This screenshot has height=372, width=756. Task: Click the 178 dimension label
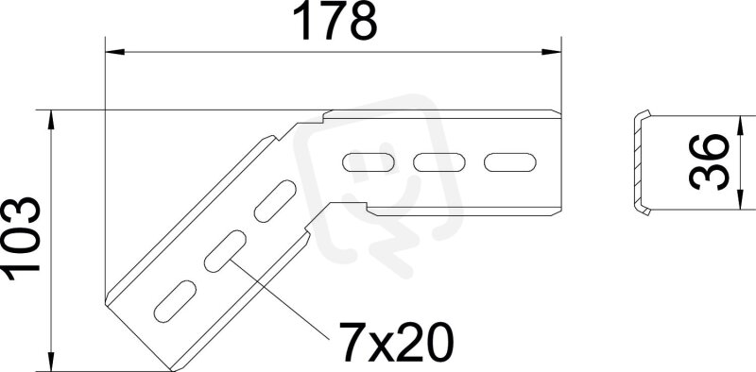tap(335, 22)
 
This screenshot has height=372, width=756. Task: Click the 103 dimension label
tap(22, 239)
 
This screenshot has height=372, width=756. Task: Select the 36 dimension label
tap(709, 162)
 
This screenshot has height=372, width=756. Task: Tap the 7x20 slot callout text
tap(396, 342)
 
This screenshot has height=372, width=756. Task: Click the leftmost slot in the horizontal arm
tap(369, 162)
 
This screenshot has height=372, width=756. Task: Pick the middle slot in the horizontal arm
tap(439, 162)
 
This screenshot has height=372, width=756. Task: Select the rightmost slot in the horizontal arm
tap(510, 162)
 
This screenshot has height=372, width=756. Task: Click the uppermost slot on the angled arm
tap(275, 201)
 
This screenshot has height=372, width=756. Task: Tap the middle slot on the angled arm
tap(225, 251)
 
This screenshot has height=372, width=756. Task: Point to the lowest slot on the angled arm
tap(175, 301)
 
